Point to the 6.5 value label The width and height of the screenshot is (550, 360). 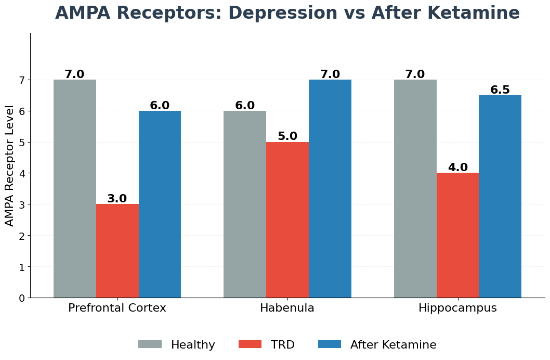[x=500, y=90]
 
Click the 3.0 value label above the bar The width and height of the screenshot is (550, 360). [x=117, y=199]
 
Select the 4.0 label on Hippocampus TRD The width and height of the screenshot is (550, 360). [x=458, y=168]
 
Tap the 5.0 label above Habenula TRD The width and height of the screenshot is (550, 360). [x=287, y=136]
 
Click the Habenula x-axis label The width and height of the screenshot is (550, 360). [x=287, y=308]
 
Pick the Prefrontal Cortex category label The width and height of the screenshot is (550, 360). [x=117, y=308]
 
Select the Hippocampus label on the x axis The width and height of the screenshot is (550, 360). [x=457, y=308]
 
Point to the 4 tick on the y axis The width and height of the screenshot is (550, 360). [x=22, y=173]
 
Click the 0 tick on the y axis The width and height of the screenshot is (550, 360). [x=22, y=298]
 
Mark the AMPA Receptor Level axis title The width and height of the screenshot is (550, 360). [x=10, y=165]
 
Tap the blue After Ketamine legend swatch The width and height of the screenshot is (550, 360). [x=330, y=344]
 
